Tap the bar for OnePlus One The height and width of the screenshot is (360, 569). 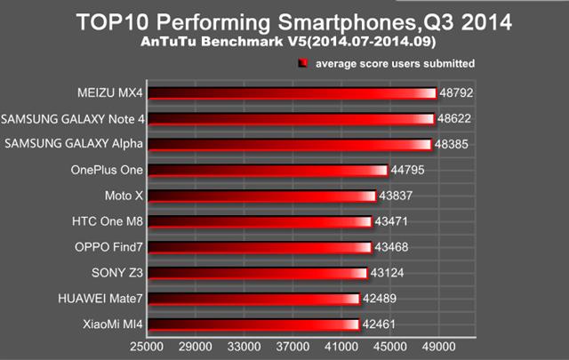click(267, 170)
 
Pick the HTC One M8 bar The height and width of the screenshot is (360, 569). click(259, 221)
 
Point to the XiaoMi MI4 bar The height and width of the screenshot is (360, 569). click(252, 324)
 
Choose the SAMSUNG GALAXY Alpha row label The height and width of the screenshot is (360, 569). click(74, 144)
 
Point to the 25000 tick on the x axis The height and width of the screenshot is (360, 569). click(148, 348)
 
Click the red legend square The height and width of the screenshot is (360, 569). click(302, 63)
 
